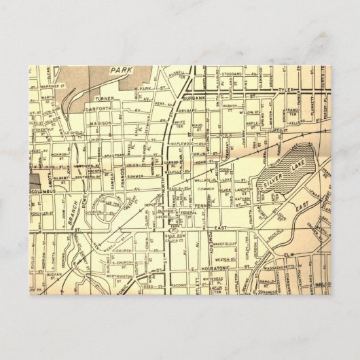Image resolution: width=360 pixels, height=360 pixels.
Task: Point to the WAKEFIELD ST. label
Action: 224,240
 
